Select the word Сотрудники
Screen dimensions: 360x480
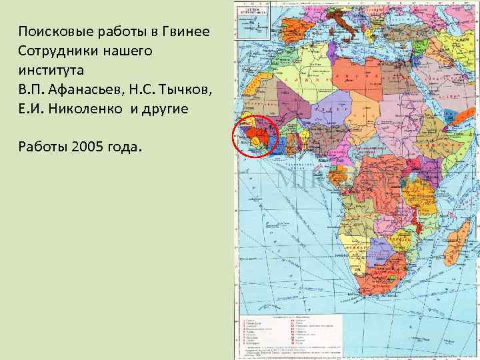click(53, 51)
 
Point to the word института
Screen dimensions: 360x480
click(47, 69)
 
